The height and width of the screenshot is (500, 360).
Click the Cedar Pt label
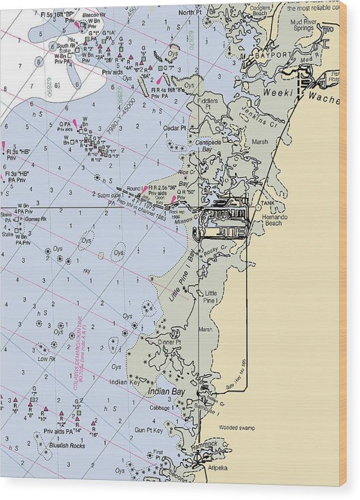coord(175,128)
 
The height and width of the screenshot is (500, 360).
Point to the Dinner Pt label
coord(169,342)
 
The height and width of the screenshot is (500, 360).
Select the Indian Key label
coord(126,381)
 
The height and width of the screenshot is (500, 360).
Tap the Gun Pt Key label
coord(149,430)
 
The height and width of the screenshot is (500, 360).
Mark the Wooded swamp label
coord(238,428)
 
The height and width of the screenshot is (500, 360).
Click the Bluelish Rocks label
coord(67,445)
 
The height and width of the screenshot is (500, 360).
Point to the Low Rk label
coord(47,358)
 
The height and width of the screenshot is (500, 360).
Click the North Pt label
coord(188,12)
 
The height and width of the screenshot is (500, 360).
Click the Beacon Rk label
coord(92,14)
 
